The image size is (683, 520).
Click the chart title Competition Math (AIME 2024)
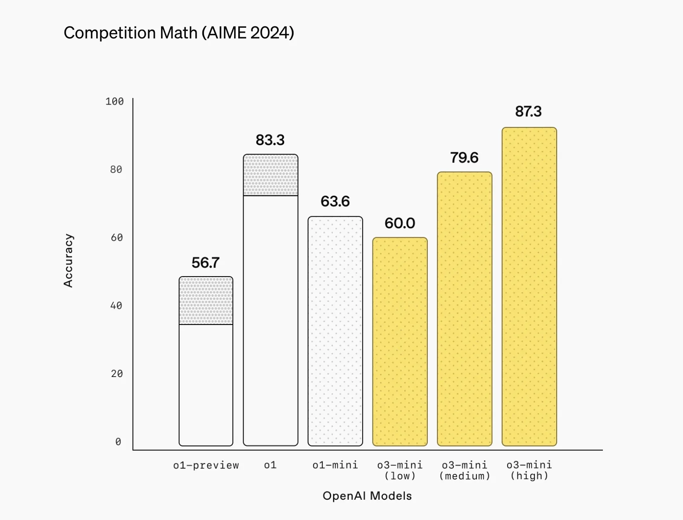[178, 33]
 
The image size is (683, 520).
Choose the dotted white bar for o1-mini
[335, 331]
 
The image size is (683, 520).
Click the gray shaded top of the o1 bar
[270, 175]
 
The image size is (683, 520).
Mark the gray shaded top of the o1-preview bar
[206, 301]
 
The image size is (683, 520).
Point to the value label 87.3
[528, 112]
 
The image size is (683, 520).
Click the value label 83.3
[270, 140]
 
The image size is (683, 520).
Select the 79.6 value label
[464, 157]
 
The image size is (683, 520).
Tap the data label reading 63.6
[335, 201]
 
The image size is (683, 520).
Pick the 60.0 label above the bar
[400, 223]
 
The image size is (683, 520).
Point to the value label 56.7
[205, 262]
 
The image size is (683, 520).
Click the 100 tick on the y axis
[114, 102]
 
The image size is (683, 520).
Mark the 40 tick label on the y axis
[116, 306]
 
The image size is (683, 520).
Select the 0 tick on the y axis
[118, 442]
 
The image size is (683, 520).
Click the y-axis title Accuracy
[68, 260]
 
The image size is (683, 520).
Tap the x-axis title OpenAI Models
[367, 496]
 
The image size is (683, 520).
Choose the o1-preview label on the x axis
[206, 465]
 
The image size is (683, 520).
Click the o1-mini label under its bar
[335, 465]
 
